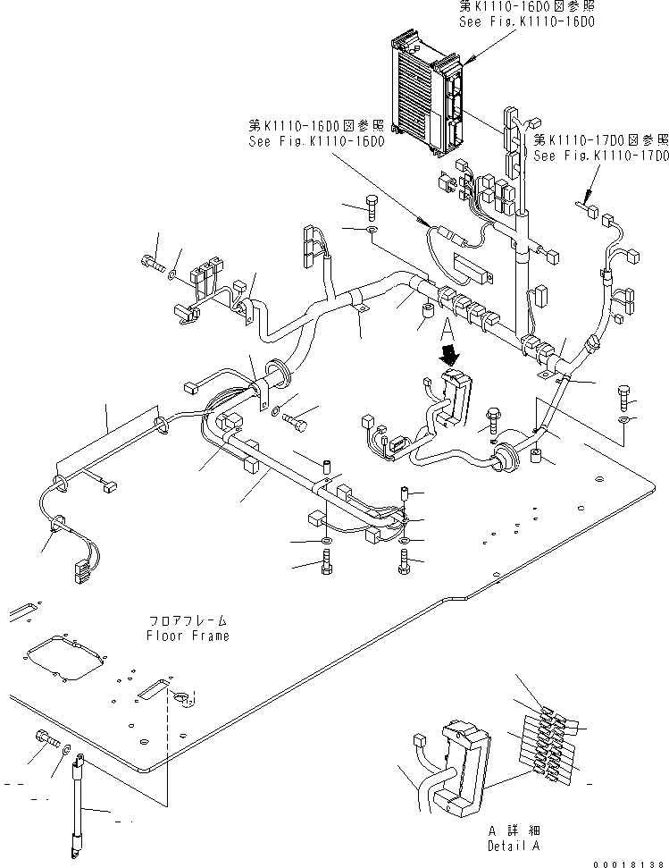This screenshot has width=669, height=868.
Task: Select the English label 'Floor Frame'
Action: point(188,636)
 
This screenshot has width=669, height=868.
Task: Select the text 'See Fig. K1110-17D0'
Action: point(600,155)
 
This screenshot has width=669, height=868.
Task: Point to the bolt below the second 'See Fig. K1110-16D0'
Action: point(372,210)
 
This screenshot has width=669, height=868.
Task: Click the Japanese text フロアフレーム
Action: point(188,620)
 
